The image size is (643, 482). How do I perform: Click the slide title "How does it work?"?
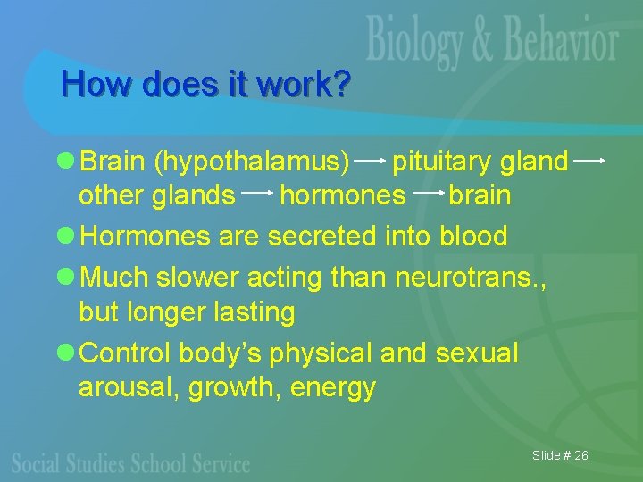point(206,85)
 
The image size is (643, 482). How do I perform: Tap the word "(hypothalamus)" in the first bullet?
point(253,162)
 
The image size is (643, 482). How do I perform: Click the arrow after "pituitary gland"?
point(590,161)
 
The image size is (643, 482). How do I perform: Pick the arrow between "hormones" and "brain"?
point(428,193)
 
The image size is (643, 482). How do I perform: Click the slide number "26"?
point(580,456)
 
